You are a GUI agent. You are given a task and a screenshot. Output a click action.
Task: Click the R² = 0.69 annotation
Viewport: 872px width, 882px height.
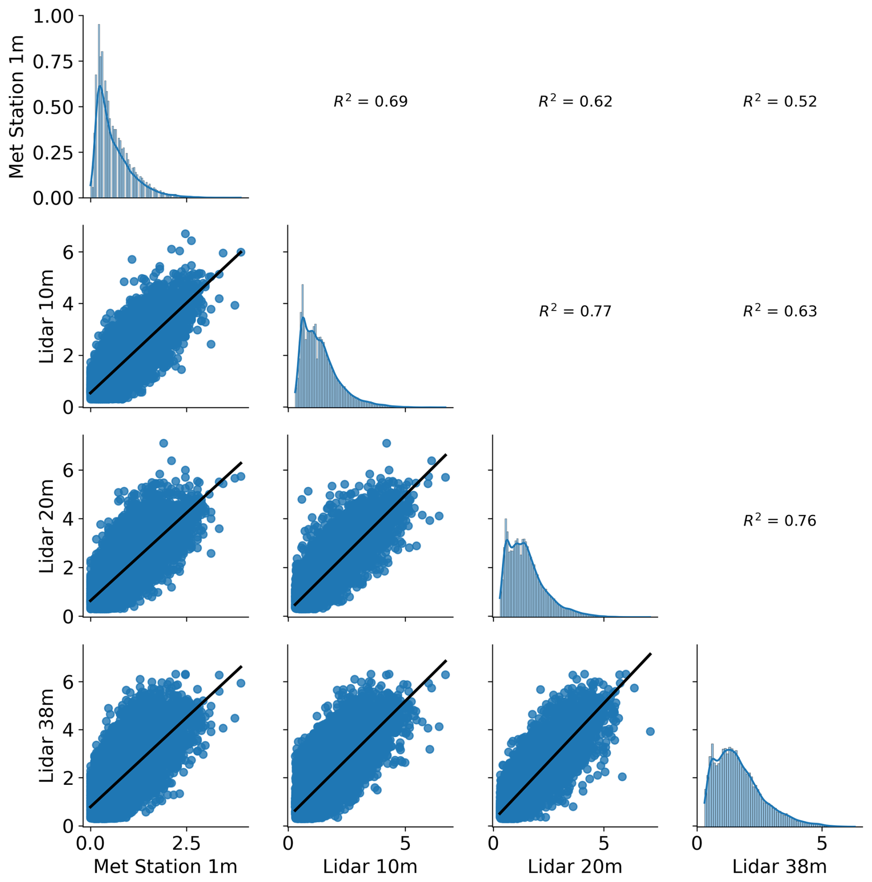pyautogui.click(x=371, y=101)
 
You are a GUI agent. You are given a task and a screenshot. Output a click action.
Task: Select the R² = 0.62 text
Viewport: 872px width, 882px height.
pyautogui.click(x=575, y=101)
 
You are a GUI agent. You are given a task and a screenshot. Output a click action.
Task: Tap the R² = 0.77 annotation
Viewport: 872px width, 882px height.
pyautogui.click(x=575, y=311)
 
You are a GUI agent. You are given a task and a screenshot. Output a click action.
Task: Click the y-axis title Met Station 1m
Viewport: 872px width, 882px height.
pyautogui.click(x=17, y=106)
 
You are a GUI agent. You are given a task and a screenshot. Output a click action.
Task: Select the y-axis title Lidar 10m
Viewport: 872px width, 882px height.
pyautogui.click(x=47, y=317)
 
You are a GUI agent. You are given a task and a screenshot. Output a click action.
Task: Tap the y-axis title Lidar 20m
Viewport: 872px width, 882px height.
pyautogui.click(x=47, y=526)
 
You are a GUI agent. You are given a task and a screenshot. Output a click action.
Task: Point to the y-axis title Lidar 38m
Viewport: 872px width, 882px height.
pyautogui.click(x=47, y=735)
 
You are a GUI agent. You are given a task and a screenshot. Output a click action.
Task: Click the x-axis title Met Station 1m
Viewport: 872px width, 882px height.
pyautogui.click(x=165, y=867)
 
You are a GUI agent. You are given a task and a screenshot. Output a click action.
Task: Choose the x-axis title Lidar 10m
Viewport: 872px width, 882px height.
pyautogui.click(x=370, y=867)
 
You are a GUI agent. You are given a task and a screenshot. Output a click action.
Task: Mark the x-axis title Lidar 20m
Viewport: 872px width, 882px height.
pyautogui.click(x=575, y=867)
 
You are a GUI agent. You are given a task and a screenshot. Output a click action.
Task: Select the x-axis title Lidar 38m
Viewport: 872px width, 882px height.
pyautogui.click(x=779, y=867)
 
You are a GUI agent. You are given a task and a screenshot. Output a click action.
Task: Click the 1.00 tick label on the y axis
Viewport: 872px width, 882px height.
pyautogui.click(x=53, y=17)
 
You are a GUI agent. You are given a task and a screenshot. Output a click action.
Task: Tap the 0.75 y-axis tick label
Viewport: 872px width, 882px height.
pyautogui.click(x=53, y=62)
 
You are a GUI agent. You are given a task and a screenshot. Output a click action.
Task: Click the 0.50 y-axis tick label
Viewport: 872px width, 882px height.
pyautogui.click(x=53, y=107)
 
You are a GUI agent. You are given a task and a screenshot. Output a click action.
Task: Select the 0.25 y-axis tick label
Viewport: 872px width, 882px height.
pyautogui.click(x=53, y=153)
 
